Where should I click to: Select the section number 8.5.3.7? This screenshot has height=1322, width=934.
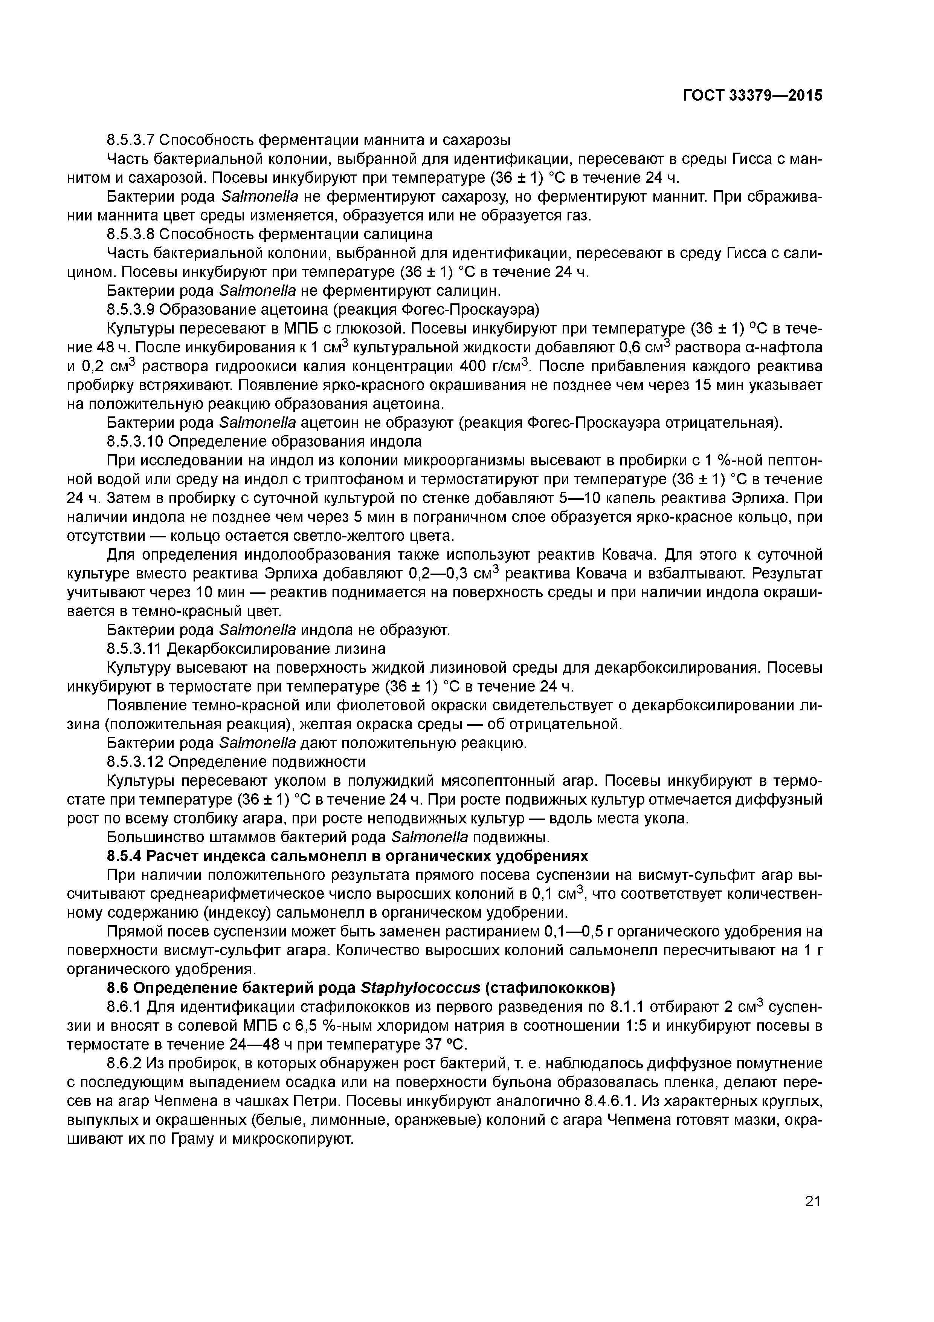[131, 140]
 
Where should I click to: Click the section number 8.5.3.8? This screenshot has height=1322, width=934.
[131, 234]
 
